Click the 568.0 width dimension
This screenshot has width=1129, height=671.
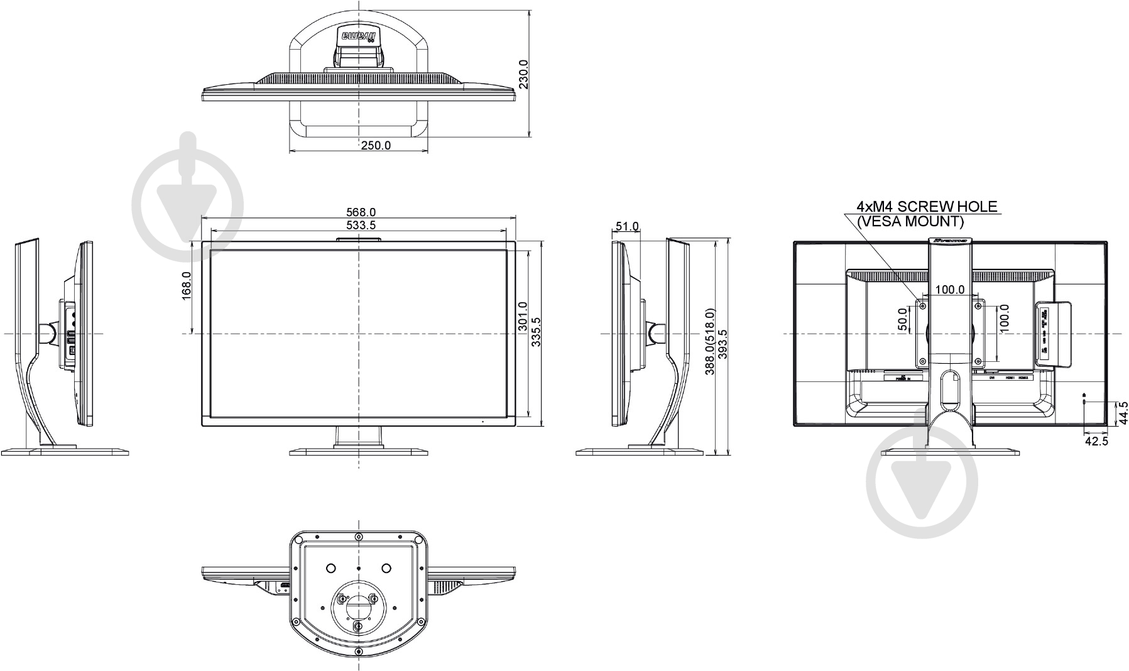[x=361, y=213]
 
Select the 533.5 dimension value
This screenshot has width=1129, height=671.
[x=361, y=225]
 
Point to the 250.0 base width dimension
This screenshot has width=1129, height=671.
[x=376, y=146]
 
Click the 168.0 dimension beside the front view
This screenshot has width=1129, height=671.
[x=187, y=286]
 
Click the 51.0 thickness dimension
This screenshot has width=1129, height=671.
[x=626, y=226]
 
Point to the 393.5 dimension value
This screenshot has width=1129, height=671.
[x=723, y=345]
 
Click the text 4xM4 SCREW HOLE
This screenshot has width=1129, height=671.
[x=927, y=207]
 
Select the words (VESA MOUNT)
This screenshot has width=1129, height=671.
[x=910, y=221]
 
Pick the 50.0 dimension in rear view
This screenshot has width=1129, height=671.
[x=903, y=319]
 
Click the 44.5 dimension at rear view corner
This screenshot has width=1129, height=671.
[x=1123, y=414]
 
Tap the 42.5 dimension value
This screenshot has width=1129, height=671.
[x=1096, y=441]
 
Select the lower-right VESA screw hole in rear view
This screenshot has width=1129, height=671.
[x=978, y=361]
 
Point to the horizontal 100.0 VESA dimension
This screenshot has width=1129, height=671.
[x=950, y=290]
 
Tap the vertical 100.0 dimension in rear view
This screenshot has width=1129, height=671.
[x=1005, y=319]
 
